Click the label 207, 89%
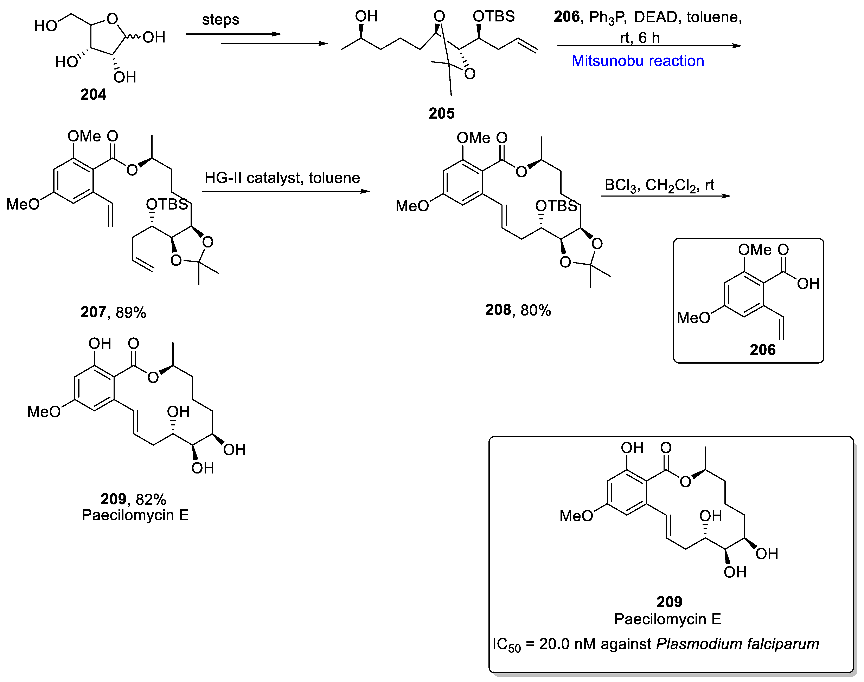(113, 312)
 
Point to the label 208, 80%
(518, 310)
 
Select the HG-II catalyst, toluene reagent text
(282, 178)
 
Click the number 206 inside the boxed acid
(762, 350)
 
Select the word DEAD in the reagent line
(655, 17)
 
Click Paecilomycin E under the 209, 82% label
(135, 515)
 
